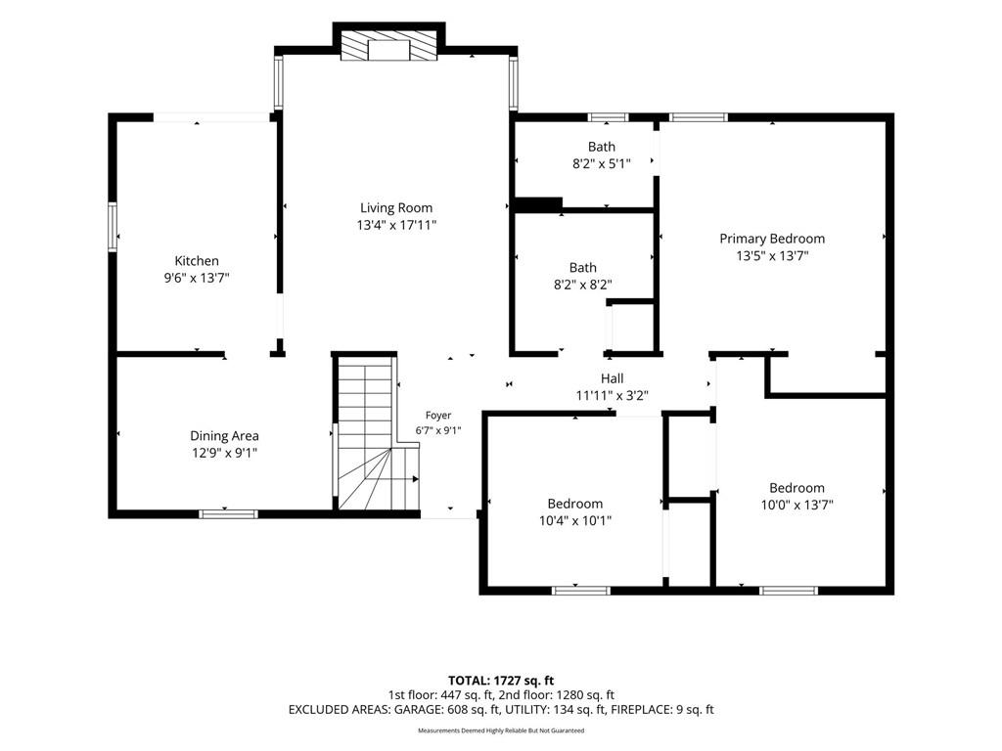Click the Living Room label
[x=396, y=207]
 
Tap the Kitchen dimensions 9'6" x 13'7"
[x=197, y=278]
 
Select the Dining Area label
[x=224, y=435]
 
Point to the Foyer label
[x=438, y=415]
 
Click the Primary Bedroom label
[x=772, y=239]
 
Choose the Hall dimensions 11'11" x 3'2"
[x=613, y=395]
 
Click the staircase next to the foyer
[x=377, y=433]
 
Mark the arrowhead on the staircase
[x=415, y=479]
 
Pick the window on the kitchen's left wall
[x=113, y=227]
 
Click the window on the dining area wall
[x=228, y=514]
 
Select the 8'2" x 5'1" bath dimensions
[x=602, y=163]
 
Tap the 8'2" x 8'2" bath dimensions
[x=583, y=285]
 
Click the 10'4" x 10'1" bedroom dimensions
[x=575, y=520]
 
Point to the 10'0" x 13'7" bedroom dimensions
[x=797, y=505]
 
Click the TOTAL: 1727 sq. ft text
[x=500, y=681]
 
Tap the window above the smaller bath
[x=608, y=117]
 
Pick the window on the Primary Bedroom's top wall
[x=699, y=117]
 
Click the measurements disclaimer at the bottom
[x=501, y=730]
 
